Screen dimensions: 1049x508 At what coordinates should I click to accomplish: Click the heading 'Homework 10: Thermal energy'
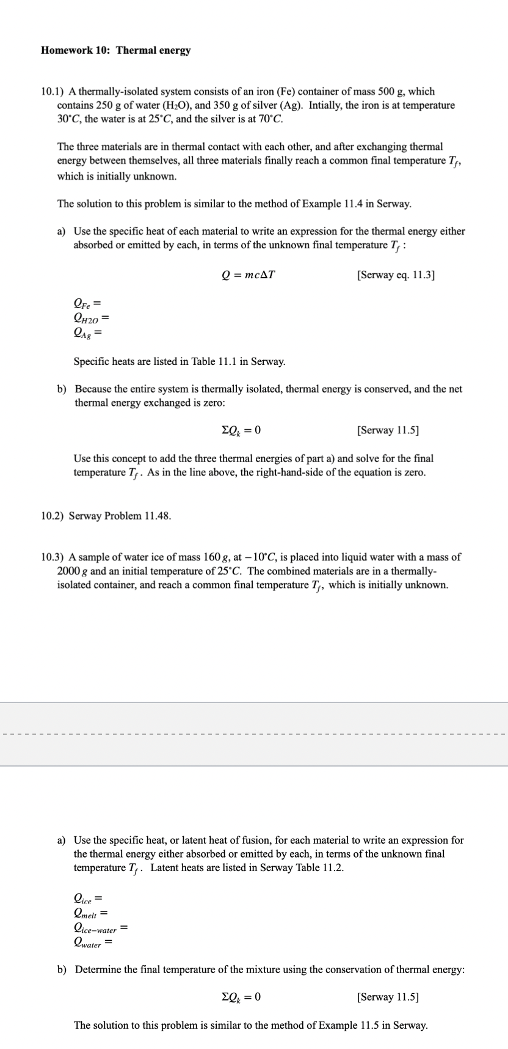[115, 50]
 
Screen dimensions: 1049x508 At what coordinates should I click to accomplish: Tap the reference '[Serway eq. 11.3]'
[396, 274]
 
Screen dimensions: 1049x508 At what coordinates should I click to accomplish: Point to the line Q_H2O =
[91, 318]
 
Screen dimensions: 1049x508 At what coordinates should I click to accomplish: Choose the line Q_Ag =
[87, 333]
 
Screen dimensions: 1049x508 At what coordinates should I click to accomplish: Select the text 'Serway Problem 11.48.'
[120, 515]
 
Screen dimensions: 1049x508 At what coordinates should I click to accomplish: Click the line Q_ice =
[87, 899]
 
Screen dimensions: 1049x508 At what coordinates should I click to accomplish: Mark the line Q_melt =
[90, 914]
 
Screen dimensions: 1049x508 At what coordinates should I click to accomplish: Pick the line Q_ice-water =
[100, 929]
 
